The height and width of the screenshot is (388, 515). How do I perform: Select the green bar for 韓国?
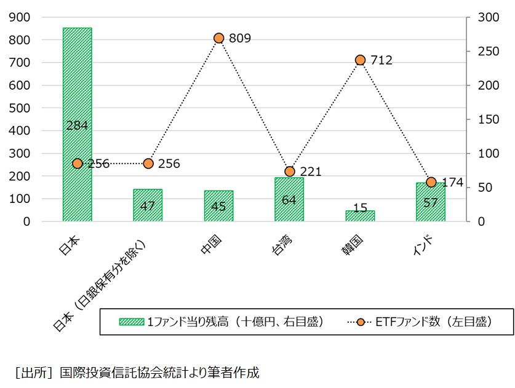(x=360, y=216)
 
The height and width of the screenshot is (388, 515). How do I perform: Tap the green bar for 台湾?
(x=289, y=200)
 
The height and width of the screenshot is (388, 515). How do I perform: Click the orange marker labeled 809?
(x=219, y=38)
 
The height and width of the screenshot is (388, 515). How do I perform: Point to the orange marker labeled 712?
(x=361, y=60)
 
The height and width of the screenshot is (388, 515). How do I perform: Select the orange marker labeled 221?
(x=290, y=171)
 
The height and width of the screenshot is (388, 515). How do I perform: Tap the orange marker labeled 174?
(x=431, y=182)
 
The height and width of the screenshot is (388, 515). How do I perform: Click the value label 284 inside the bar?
(x=77, y=125)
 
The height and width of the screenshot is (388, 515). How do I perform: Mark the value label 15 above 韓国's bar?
(x=360, y=207)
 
